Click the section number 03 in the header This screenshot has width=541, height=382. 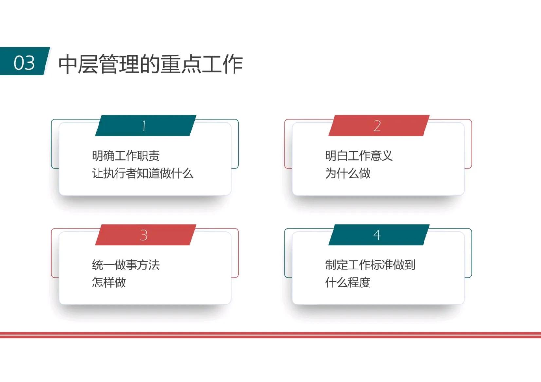click(24, 62)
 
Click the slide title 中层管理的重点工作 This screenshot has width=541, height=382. click(150, 64)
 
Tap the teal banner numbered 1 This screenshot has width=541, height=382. click(145, 126)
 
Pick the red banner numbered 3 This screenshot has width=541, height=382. click(145, 235)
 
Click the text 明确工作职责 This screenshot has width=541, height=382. click(126, 156)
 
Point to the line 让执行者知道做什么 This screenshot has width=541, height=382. click(143, 173)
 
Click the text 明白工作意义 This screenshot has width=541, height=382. click(359, 156)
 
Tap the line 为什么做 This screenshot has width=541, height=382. click(348, 173)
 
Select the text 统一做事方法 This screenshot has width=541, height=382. click(126, 265)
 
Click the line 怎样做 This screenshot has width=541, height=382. click(109, 282)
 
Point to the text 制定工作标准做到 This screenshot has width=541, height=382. click(370, 265)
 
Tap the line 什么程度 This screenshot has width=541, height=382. click(348, 282)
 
